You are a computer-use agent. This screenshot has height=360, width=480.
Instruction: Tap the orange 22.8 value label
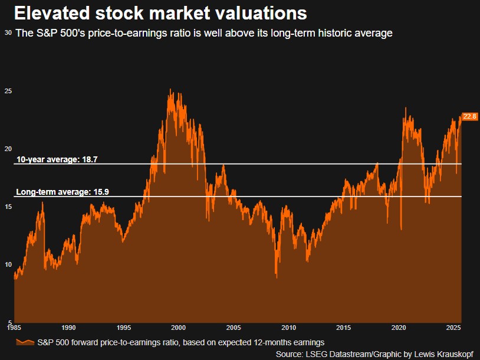pyautogui.click(x=470, y=116)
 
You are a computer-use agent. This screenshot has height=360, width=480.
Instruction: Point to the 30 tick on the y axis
pyautogui.click(x=8, y=34)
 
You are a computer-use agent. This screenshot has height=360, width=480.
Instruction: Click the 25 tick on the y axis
pyautogui.click(x=8, y=91)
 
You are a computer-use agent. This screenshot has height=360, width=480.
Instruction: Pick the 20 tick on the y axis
pyautogui.click(x=8, y=149)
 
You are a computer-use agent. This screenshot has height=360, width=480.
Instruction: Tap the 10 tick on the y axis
pyautogui.click(x=8, y=264)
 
